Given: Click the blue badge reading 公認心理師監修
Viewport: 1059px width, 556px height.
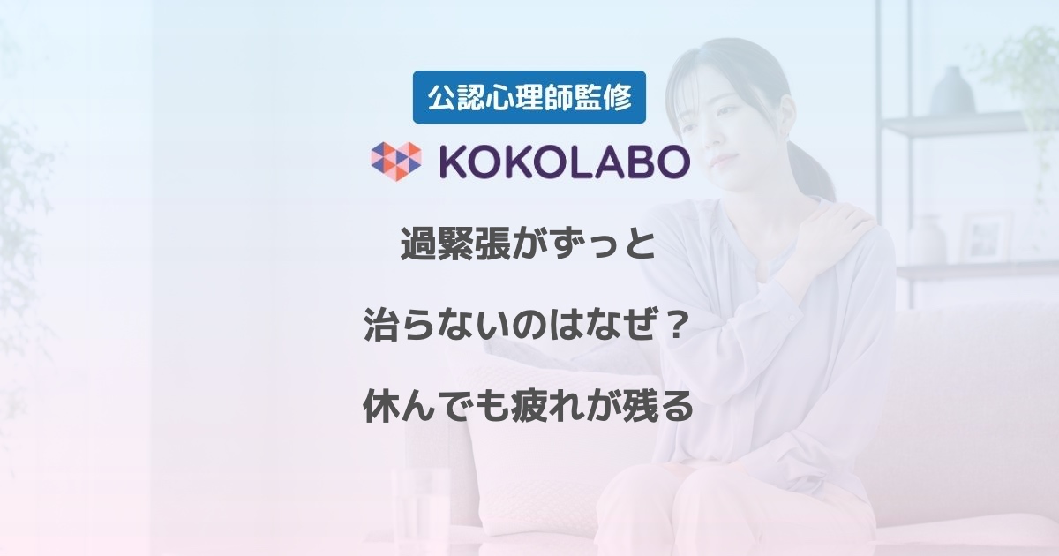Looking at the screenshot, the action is point(529,97).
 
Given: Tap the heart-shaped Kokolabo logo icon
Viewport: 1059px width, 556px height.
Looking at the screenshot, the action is point(396,161).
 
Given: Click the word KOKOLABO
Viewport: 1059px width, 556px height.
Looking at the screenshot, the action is point(565,162).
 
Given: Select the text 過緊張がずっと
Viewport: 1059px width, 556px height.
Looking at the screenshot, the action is point(528,244).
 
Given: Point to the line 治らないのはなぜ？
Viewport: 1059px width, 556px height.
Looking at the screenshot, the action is point(525,326).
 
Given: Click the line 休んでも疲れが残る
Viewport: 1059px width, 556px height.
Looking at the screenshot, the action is point(528,407).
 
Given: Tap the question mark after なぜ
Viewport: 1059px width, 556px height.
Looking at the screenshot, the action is point(672,326).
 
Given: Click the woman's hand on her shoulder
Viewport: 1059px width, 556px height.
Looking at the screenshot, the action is point(833,231).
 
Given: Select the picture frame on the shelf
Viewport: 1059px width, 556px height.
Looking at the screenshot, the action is point(988,237).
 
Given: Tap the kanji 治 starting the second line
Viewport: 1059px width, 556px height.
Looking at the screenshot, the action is point(380,326).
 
